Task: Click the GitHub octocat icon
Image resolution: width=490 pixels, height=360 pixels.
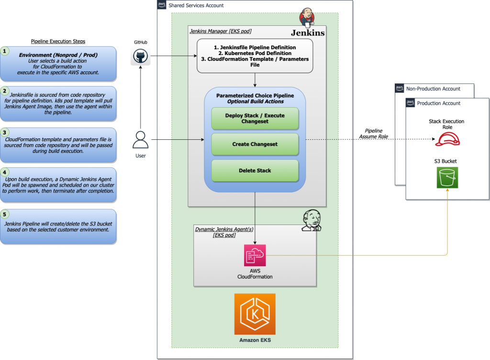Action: click(x=141, y=57)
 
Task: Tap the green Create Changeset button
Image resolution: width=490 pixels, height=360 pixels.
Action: click(x=255, y=144)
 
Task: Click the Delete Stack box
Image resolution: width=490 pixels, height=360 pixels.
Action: click(x=255, y=170)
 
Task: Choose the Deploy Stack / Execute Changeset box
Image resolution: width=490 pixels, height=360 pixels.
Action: click(x=255, y=118)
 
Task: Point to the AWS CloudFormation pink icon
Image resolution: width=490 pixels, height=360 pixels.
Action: click(x=255, y=255)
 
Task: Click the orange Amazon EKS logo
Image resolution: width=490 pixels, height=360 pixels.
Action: click(x=255, y=314)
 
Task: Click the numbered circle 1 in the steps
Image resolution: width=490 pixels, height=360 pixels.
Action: click(x=5, y=51)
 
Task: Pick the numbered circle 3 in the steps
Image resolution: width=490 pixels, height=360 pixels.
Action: click(x=5, y=132)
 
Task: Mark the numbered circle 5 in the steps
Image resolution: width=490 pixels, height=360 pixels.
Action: click(x=5, y=214)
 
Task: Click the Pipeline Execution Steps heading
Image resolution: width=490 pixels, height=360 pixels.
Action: click(x=57, y=41)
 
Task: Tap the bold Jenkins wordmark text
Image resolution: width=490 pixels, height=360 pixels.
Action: click(x=308, y=33)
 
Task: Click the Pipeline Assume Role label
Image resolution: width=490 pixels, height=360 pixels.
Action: click(x=374, y=134)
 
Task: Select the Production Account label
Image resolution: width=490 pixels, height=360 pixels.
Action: click(x=439, y=103)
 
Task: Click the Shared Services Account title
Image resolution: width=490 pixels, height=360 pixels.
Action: click(x=196, y=5)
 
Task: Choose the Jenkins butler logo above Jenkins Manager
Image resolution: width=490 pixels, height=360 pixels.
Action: click(x=307, y=17)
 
